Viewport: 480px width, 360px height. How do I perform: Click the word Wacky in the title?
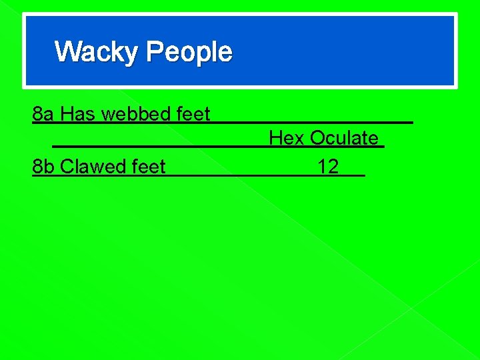point(97,52)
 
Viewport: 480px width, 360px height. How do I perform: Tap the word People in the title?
point(189,52)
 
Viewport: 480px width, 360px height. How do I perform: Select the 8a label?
point(44,115)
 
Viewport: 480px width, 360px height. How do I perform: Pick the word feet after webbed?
point(193,115)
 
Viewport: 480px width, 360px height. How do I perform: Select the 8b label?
point(44,166)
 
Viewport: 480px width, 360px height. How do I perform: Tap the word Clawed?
point(93,166)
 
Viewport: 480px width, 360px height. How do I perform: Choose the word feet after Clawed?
point(149,166)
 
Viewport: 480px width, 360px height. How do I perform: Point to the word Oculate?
point(344,139)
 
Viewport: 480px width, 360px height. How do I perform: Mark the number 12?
point(328,166)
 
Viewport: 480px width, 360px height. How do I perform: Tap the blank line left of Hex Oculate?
point(160,145)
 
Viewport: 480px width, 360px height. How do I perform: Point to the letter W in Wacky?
point(67,52)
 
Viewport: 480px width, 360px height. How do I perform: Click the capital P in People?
point(153,52)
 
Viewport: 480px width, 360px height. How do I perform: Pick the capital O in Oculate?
point(317,139)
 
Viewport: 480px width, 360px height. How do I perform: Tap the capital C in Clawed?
point(67,166)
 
